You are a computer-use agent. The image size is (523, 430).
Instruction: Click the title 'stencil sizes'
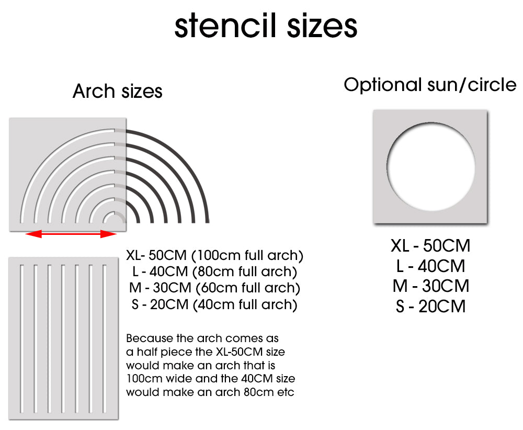[x=266, y=26]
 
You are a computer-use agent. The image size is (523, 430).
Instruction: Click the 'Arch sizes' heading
[x=117, y=91]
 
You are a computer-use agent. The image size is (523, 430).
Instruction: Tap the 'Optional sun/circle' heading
[x=429, y=85]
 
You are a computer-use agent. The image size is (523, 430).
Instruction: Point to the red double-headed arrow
[x=71, y=234]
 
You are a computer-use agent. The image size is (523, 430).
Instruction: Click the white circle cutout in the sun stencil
[x=430, y=166]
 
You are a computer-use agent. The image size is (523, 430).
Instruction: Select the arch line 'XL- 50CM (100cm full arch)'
[x=215, y=256]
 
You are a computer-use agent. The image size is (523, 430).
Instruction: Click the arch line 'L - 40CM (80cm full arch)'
[x=215, y=272]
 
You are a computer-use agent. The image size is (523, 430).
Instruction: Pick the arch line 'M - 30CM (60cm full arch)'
[x=215, y=288]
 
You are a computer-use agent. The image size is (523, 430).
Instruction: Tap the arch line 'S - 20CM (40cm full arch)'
[x=215, y=304]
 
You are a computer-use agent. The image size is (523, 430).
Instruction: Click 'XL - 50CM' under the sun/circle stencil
[x=430, y=245]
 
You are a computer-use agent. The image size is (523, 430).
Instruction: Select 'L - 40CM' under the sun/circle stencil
[x=430, y=266]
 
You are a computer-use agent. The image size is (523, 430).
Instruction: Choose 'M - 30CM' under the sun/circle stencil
[x=430, y=286]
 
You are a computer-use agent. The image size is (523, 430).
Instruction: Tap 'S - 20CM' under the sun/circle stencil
[x=430, y=307]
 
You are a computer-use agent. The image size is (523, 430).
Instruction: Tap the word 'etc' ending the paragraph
[x=285, y=391]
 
